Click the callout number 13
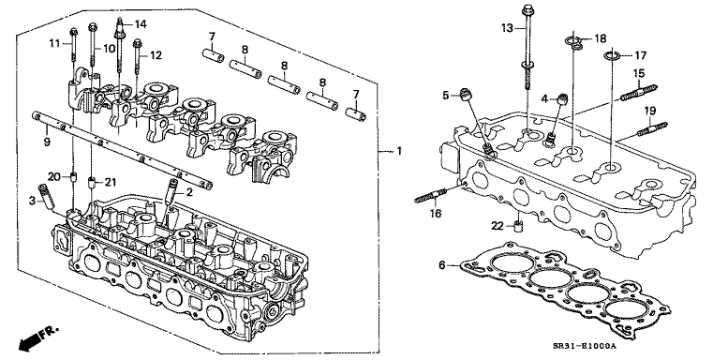coord(507,28)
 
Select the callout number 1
coord(399,151)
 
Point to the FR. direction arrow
coord(38,337)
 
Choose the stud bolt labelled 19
coord(652,128)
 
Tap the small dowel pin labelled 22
coord(517,225)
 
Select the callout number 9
coord(47,142)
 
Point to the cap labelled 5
coord(465,94)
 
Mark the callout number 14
coord(140,24)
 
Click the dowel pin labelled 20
coord(72,176)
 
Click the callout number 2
coord(188,192)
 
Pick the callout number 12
coord(156,55)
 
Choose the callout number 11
coord(54,44)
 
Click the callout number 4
coord(544,97)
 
